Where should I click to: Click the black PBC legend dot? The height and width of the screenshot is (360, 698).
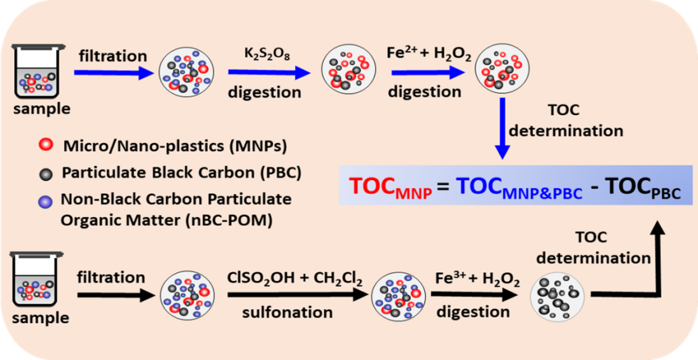coord(44,172)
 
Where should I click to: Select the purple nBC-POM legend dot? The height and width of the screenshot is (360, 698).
coord(44,200)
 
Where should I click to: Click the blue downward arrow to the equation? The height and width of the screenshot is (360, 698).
coord(503,128)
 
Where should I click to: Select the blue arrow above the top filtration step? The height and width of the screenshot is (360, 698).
coord(114,72)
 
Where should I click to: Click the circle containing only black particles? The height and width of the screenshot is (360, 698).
coord(557,296)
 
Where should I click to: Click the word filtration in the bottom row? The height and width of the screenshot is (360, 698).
coord(111,278)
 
